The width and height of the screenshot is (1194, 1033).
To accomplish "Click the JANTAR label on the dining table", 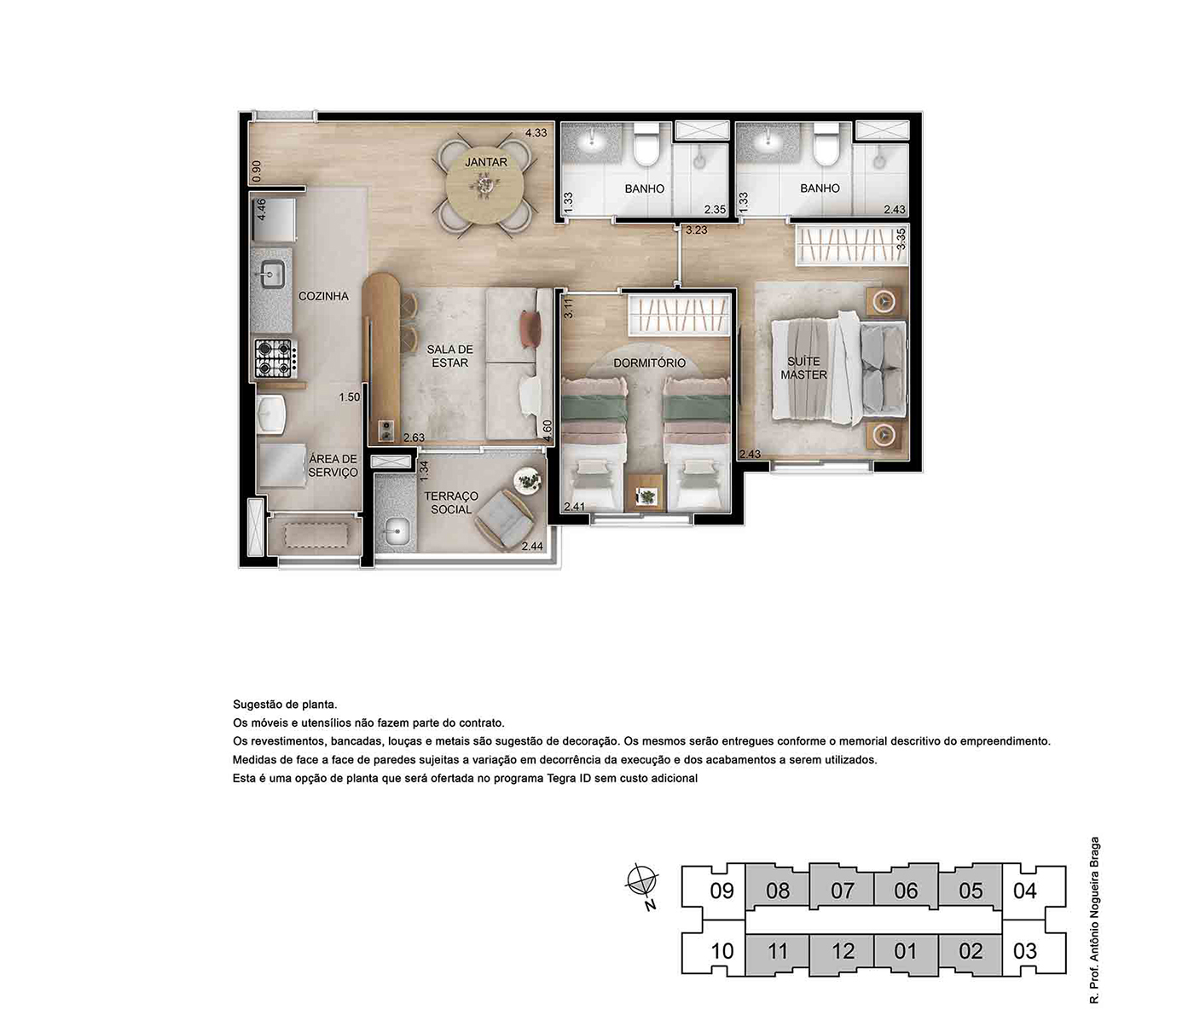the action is point(486,162).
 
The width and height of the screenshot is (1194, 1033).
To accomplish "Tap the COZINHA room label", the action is point(323,296).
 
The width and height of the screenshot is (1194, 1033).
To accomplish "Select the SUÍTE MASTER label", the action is point(803,368).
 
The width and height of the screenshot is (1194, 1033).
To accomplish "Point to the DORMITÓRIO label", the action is point(649,363).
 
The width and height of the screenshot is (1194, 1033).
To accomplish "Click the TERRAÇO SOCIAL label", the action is point(451,502).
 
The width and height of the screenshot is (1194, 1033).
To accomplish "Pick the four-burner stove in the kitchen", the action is point(274,358).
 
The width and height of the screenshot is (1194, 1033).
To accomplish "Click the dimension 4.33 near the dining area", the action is point(536,133).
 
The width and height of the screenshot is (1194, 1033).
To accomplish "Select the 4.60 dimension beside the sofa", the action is point(548,431).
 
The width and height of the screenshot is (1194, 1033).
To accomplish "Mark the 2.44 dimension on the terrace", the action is point(532,546).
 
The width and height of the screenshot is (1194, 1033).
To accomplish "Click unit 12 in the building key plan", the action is point(843,951).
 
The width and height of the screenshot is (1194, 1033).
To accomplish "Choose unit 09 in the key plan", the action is point(722,891).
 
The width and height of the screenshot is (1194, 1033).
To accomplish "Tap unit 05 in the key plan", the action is point(971,891).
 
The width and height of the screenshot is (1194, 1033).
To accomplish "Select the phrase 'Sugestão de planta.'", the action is point(285,705).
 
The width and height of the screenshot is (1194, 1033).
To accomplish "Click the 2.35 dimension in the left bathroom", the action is point(715,210).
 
